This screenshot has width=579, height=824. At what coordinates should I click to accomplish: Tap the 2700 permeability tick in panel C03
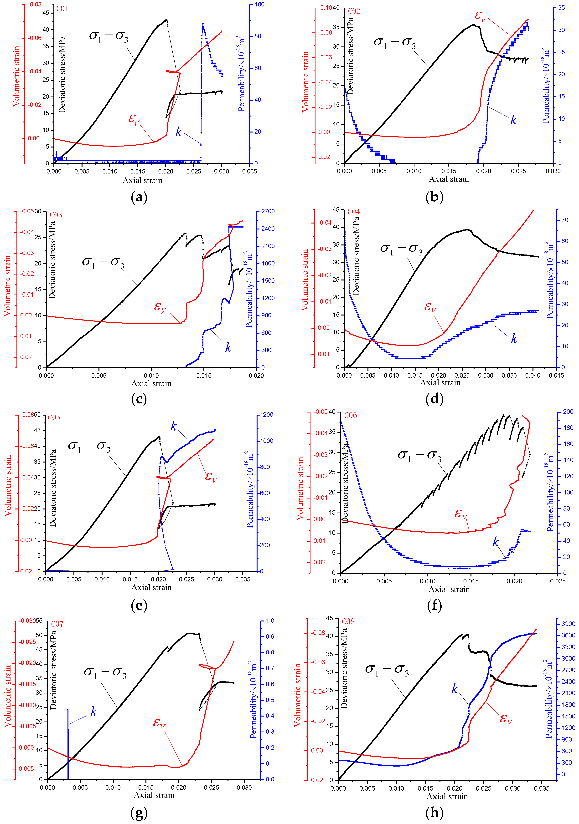(268, 211)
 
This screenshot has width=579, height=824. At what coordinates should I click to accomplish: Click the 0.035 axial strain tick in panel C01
(249, 172)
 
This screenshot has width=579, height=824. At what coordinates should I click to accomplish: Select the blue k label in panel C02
(513, 120)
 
